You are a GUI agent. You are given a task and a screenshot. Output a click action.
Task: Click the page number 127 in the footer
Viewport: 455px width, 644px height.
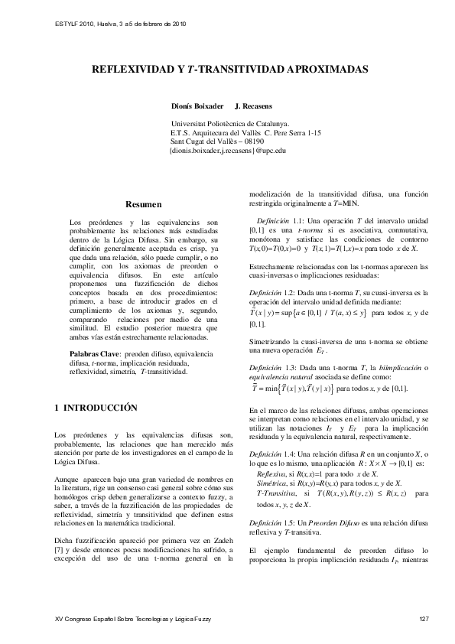coord(425,617)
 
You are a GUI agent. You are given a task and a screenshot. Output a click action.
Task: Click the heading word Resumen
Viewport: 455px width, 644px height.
coord(144,205)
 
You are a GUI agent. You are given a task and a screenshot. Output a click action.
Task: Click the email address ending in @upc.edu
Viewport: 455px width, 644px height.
coord(226,151)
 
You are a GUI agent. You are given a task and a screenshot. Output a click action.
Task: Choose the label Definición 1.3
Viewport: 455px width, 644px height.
coord(272,369)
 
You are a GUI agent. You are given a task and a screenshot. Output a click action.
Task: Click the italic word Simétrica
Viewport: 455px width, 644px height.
coord(272,484)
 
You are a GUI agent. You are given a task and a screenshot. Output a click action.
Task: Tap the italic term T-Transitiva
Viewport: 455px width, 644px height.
coord(277,495)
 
